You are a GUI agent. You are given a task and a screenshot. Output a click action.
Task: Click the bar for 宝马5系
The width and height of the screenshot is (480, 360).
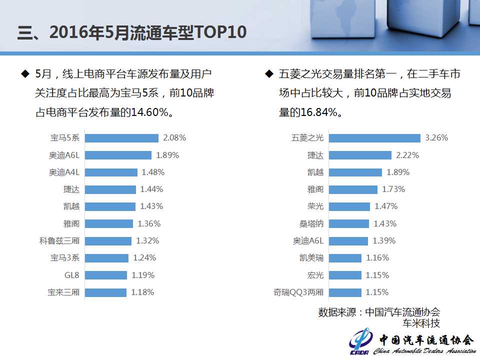click(121, 138)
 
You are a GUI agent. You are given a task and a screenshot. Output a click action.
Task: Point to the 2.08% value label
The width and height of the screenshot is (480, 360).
click(174, 138)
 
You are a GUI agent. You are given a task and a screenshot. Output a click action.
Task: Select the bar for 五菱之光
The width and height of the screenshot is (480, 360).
click(374, 138)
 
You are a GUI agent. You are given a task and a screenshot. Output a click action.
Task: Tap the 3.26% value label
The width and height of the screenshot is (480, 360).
click(436, 138)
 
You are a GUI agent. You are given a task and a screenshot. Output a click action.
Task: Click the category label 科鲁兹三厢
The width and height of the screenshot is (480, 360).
click(59, 241)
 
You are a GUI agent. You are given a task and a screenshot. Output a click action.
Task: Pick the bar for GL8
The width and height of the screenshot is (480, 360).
click(105, 275)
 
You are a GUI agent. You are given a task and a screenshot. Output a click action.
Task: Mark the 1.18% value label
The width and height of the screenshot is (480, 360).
click(142, 292)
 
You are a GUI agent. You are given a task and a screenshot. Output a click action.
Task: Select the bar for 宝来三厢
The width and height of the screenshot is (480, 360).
click(105, 292)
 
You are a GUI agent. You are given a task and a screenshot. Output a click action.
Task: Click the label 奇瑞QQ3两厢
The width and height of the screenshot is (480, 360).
click(298, 292)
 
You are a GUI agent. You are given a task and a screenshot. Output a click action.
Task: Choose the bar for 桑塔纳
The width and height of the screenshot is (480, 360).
click(349, 223)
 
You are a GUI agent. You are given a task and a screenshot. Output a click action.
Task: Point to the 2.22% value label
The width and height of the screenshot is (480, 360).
click(407, 155)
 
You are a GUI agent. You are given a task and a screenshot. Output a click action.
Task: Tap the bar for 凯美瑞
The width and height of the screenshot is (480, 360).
click(345, 258)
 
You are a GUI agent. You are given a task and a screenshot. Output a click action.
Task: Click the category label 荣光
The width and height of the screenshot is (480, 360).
click(315, 206)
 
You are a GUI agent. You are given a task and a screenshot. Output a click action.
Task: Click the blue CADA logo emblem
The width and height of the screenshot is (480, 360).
click(360, 342)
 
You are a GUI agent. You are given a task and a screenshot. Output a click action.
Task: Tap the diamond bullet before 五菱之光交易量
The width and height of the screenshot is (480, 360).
click(269, 74)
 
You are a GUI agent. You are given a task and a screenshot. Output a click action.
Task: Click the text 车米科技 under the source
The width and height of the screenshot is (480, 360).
click(421, 323)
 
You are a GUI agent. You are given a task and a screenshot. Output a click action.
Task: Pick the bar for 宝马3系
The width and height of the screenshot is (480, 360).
click(106, 258)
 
